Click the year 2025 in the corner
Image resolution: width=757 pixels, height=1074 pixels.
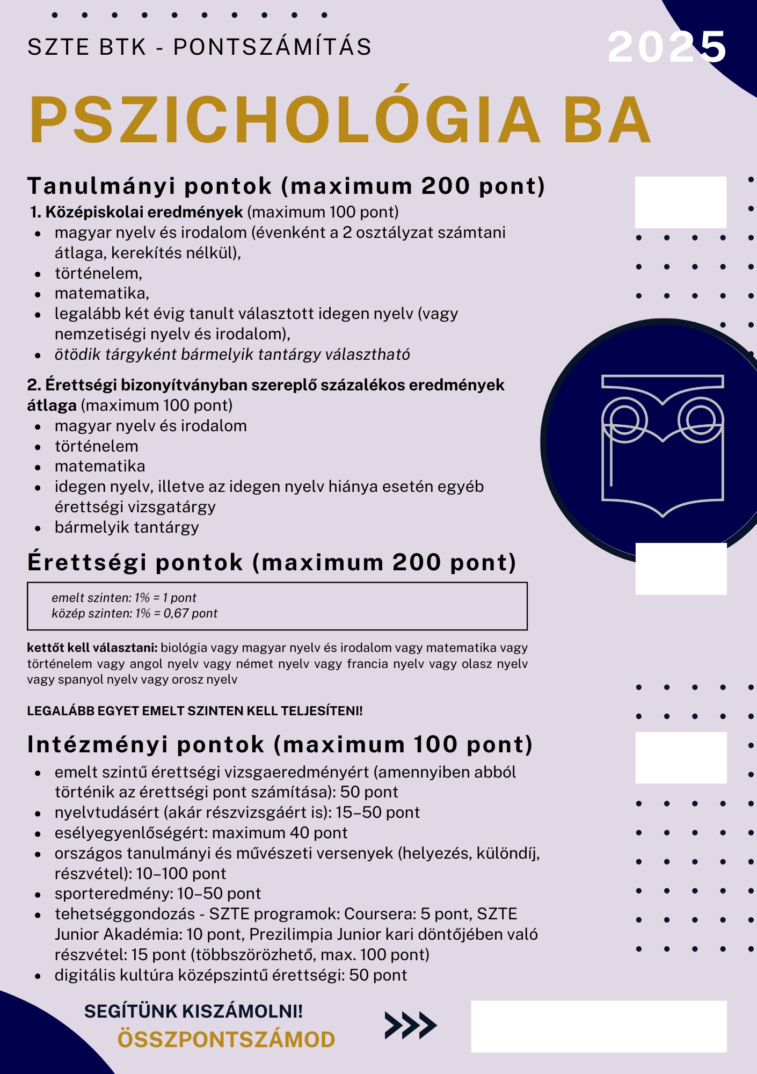(x=667, y=47)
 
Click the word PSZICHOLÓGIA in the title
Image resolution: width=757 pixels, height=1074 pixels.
(x=285, y=120)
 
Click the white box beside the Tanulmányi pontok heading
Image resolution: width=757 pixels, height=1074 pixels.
(x=680, y=202)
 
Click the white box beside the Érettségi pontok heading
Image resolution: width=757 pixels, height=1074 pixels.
(x=681, y=568)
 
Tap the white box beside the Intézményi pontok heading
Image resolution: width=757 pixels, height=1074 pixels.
(x=681, y=757)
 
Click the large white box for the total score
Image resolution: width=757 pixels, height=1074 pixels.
(x=599, y=1026)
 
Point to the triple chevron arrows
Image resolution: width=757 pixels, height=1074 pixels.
(x=411, y=1025)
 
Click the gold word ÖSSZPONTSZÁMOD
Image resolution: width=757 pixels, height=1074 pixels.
(x=226, y=1040)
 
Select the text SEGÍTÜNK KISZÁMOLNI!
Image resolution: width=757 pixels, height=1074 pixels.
(x=193, y=1011)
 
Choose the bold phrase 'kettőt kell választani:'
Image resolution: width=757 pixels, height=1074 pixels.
(x=92, y=648)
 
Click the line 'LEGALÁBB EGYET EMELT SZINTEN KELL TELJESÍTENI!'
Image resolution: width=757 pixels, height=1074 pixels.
(x=195, y=711)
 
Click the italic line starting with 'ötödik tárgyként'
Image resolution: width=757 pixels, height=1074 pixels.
(x=232, y=354)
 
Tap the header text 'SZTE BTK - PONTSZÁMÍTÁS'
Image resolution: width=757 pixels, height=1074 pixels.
(x=199, y=47)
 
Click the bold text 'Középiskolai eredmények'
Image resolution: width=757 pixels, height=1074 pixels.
(x=144, y=212)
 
